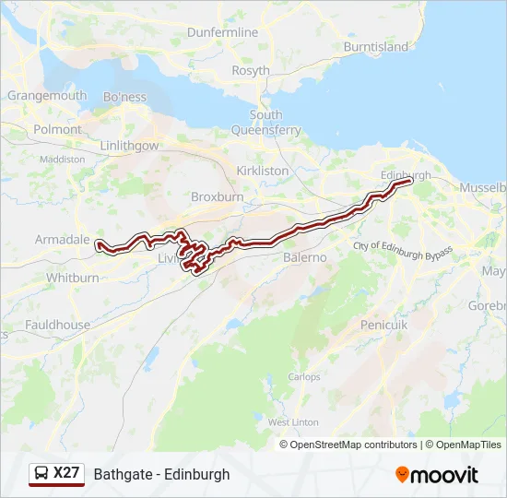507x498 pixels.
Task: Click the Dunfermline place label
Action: [223, 32]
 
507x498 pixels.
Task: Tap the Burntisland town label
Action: [375, 46]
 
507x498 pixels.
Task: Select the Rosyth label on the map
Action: [251, 70]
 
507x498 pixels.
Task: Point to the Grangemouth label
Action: [47, 95]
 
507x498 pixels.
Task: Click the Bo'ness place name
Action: [124, 97]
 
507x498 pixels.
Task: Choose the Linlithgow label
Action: [129, 146]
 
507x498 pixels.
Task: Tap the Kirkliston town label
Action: [263, 171]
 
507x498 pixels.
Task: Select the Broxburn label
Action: [217, 196]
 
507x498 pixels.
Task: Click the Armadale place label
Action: [62, 239]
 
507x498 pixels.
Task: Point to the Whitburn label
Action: [72, 278]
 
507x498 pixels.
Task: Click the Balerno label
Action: [305, 257]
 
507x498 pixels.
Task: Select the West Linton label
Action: [293, 421]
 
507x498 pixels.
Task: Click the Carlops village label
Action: [304, 376]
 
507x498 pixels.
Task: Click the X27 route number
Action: [66, 473]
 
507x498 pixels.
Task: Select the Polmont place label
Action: [57, 130]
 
